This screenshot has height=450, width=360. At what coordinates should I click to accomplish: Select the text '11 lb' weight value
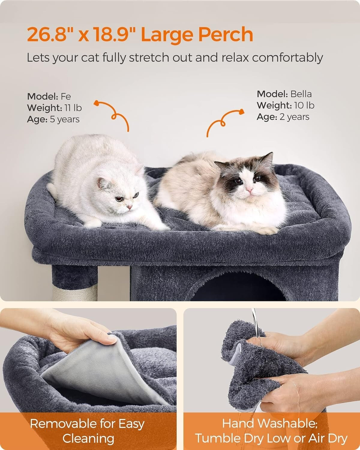click(x=73, y=108)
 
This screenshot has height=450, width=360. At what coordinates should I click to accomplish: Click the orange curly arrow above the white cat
click(x=113, y=114)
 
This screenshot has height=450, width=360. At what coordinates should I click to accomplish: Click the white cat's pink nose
click(x=129, y=207)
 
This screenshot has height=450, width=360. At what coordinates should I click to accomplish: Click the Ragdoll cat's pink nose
click(x=249, y=190)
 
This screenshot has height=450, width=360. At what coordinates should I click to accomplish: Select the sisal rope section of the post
click(x=75, y=292)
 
